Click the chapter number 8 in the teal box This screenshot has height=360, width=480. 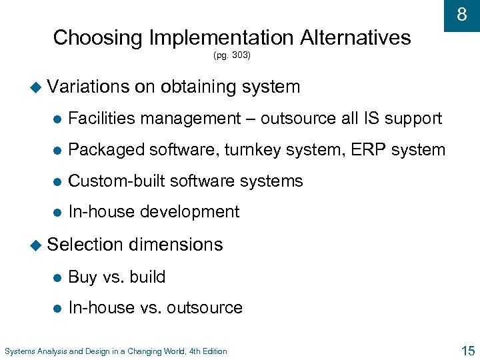pyautogui.click(x=461, y=14)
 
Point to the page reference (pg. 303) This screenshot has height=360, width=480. pyautogui.click(x=232, y=56)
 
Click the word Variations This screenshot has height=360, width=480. pyautogui.click(x=89, y=87)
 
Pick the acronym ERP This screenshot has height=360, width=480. pyautogui.click(x=370, y=149)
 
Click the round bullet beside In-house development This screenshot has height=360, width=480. pyautogui.click(x=57, y=213)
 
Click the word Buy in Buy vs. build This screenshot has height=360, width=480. pyautogui.click(x=83, y=277)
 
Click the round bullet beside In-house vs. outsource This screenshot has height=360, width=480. pyautogui.click(x=57, y=308)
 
